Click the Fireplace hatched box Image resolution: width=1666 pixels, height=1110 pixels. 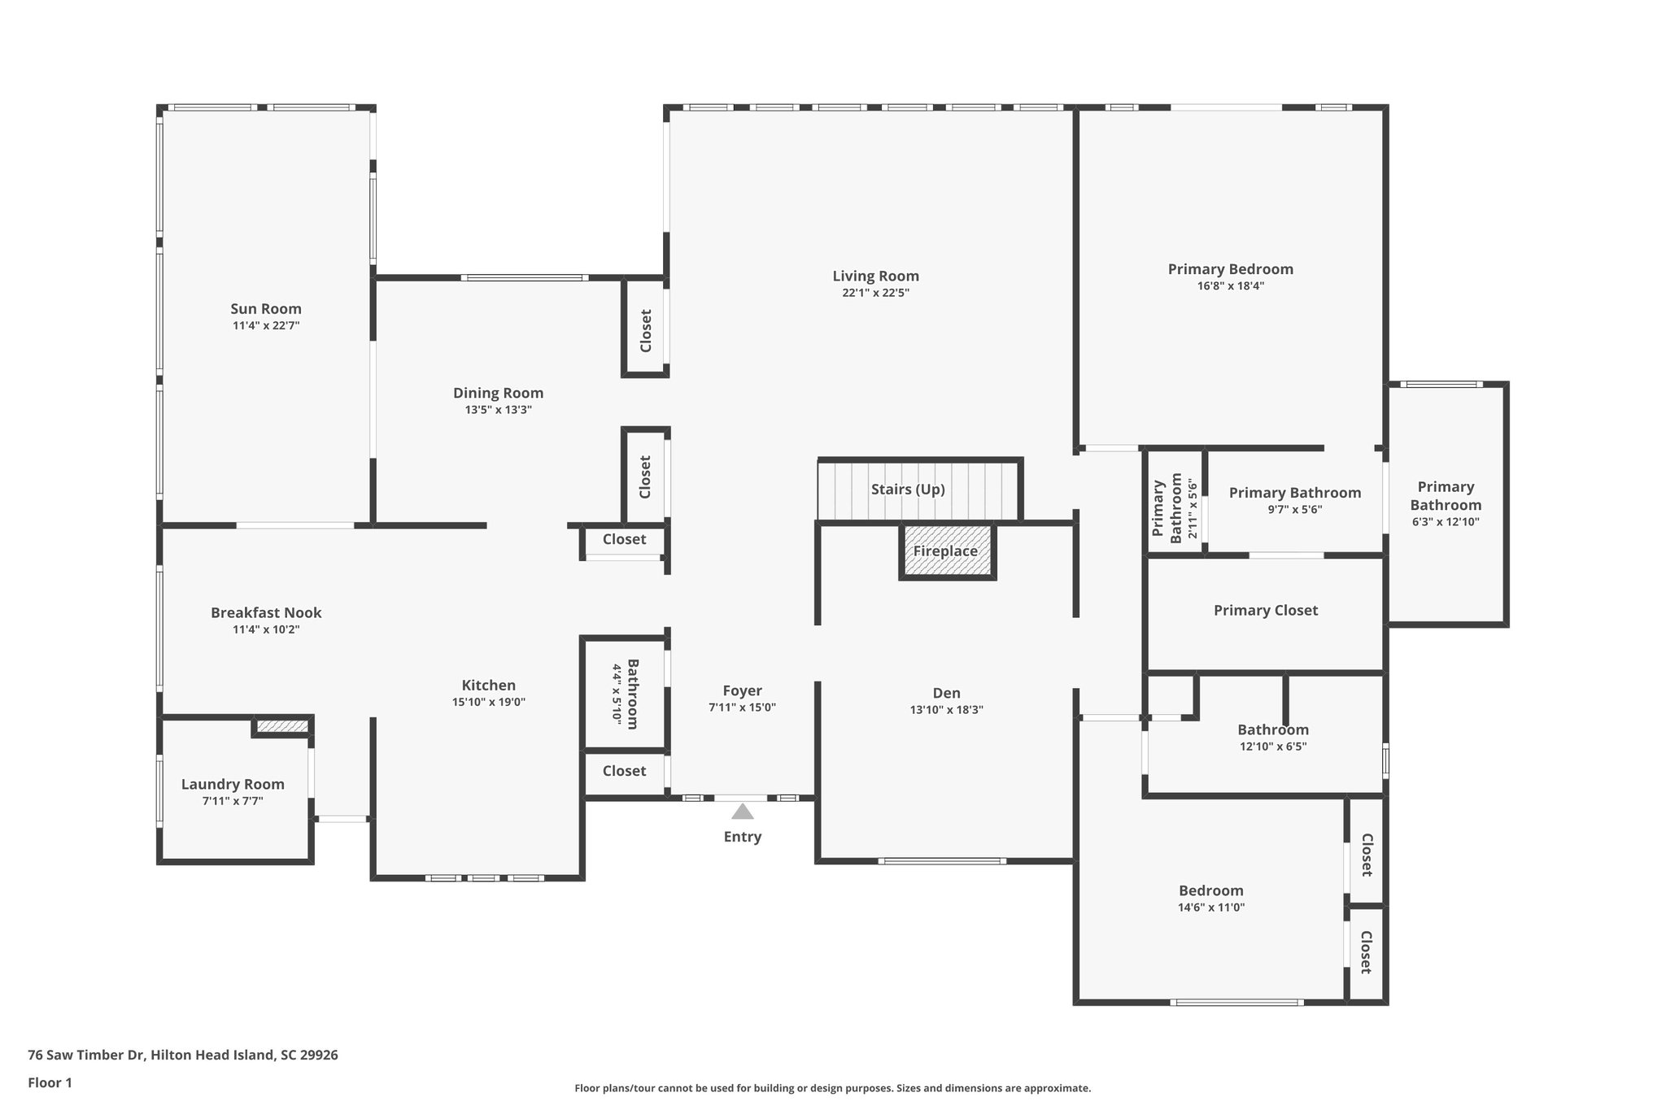click(x=947, y=552)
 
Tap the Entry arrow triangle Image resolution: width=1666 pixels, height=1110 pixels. click(x=742, y=812)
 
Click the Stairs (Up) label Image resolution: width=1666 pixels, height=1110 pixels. click(x=908, y=490)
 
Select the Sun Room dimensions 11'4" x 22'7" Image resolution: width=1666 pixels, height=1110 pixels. click(x=266, y=325)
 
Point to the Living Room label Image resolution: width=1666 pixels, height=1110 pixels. click(x=875, y=276)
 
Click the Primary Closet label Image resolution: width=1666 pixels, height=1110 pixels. click(x=1265, y=611)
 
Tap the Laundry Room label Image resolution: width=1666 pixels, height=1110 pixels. click(x=233, y=785)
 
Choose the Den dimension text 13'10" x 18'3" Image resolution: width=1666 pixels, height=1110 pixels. click(x=946, y=710)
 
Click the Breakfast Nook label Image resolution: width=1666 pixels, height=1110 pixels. click(x=266, y=613)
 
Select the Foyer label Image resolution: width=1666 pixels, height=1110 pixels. click(x=742, y=691)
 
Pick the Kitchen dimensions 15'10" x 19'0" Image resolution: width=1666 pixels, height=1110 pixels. click(x=488, y=702)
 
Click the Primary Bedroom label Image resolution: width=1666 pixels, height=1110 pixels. click(x=1230, y=269)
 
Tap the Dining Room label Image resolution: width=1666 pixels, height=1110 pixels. click(x=498, y=394)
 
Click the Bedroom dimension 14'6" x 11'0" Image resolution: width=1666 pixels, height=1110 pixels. click(x=1211, y=908)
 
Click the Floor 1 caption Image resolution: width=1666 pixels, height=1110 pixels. click(x=50, y=1083)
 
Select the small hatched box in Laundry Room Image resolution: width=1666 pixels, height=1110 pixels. click(x=282, y=726)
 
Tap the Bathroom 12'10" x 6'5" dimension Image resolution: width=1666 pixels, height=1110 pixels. click(x=1272, y=747)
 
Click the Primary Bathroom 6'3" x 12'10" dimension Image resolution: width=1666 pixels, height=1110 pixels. click(x=1446, y=522)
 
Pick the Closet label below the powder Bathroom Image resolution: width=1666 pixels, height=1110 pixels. click(x=624, y=771)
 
